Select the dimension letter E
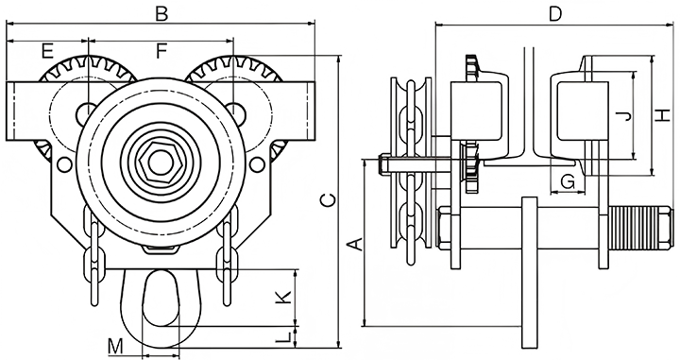pyautogui.click(x=47, y=51)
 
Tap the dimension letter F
pyautogui.click(x=161, y=51)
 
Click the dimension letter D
pyautogui.click(x=555, y=14)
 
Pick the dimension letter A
pyautogui.click(x=356, y=244)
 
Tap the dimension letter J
pyautogui.click(x=623, y=115)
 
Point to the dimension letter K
pyautogui.click(x=283, y=297)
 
